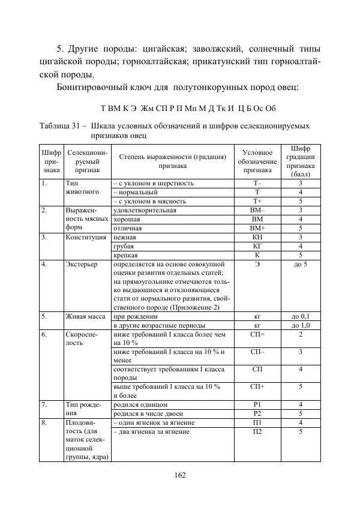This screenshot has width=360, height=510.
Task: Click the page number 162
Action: tap(179, 475)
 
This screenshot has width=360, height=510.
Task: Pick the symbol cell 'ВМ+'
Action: tap(257, 228)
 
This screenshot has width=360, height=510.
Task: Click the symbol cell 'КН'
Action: tap(257, 238)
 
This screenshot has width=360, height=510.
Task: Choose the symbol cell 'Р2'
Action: tap(257, 413)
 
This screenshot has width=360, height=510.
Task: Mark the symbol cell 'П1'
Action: tap(257, 422)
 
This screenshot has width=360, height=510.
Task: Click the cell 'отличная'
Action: tap(128, 228)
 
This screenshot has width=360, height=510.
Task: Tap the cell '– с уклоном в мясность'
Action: tap(149, 201)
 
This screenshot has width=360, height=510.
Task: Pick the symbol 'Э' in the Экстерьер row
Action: tap(257, 264)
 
